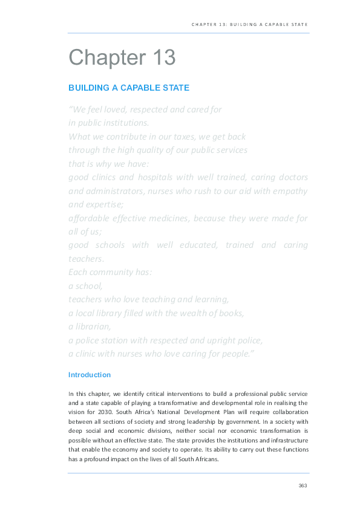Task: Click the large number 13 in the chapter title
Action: coord(160,58)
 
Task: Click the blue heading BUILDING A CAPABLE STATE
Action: coord(129,88)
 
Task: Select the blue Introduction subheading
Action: coord(90,375)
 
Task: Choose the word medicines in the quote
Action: coord(179,218)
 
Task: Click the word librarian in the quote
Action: coord(91,327)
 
